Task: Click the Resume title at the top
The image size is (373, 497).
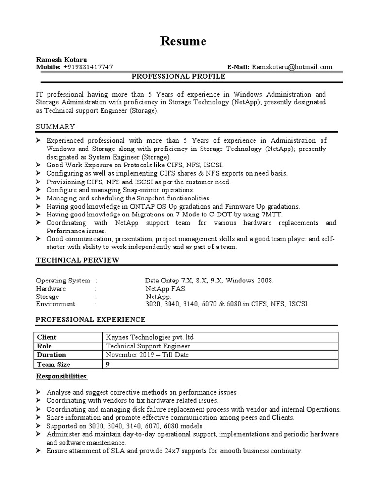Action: click(x=183, y=42)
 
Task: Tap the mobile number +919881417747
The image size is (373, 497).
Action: click(x=88, y=67)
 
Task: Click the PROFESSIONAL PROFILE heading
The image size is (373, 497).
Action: click(x=179, y=77)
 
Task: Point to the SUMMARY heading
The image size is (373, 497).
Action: click(x=56, y=127)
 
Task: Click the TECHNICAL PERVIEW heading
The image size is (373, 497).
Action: click(x=78, y=260)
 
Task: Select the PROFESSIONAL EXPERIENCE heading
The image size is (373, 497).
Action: click(x=91, y=319)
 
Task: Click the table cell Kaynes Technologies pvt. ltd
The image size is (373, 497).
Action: click(x=150, y=337)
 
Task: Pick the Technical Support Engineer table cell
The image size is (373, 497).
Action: click(x=148, y=347)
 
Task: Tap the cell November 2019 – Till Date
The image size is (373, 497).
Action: click(x=147, y=355)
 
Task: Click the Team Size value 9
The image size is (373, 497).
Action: click(x=108, y=364)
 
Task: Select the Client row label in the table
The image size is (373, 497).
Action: click(x=47, y=337)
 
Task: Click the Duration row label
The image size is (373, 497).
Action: click(x=51, y=355)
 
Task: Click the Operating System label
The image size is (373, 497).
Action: click(x=63, y=281)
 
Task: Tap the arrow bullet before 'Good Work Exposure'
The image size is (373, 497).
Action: click(x=39, y=165)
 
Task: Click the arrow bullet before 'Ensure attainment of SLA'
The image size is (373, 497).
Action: click(x=39, y=451)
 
